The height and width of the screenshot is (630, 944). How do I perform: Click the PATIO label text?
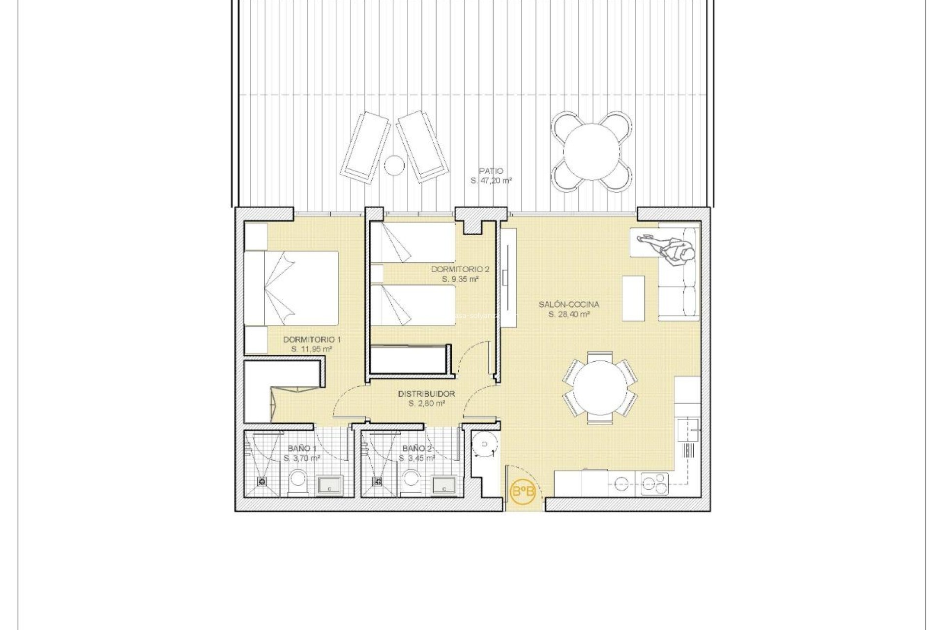491,171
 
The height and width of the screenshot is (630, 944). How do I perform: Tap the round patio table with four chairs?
591,151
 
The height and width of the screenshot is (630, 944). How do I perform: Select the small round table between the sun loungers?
394,165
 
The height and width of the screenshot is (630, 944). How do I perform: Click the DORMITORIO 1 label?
312,340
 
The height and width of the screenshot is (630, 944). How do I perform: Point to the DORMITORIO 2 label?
460,269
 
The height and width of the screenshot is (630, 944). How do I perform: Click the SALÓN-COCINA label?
569,304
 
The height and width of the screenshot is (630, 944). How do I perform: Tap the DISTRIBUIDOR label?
426,394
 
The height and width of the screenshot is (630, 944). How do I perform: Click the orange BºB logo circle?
523,491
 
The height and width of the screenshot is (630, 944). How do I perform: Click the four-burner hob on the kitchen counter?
654,483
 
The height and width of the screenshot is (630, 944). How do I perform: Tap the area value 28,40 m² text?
569,314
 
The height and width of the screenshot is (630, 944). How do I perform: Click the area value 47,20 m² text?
491,181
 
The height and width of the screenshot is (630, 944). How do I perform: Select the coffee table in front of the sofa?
633,298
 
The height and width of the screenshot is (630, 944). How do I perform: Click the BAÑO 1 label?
301,448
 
